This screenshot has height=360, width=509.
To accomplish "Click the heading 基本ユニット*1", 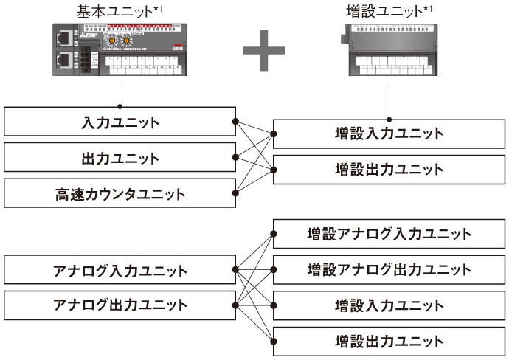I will [x=120, y=12].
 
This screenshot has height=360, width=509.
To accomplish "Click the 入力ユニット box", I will [x=120, y=122].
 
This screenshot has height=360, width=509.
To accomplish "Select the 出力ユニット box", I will [x=120, y=158].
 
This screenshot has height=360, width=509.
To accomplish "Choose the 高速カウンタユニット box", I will [x=120, y=194].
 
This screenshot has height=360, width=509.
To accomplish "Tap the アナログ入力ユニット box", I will [x=120, y=269].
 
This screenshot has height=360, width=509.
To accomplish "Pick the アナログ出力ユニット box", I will [x=120, y=305].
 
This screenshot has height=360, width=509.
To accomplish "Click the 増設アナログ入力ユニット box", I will [x=389, y=234].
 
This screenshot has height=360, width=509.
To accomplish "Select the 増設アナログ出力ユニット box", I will [x=389, y=269].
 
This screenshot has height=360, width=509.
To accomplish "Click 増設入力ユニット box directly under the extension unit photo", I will [x=389, y=134].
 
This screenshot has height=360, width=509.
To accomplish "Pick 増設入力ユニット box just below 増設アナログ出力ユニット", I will [x=389, y=305].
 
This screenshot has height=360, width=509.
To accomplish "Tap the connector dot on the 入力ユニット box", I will [x=235, y=122].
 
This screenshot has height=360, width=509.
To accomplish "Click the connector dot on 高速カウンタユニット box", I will [x=235, y=194].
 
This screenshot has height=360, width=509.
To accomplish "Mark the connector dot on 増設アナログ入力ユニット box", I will [x=274, y=234].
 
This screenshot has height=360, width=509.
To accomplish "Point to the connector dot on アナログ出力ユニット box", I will [x=235, y=305].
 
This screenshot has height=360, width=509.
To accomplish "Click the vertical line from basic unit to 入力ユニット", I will [x=120, y=97].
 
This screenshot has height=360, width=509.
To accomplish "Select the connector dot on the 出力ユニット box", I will [x=235, y=158].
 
